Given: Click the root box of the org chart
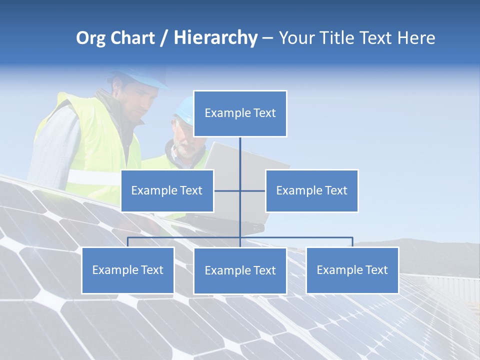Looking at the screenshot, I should point(240,113).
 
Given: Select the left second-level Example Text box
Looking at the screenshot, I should point(167,190).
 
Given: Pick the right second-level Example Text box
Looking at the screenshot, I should point(311,190).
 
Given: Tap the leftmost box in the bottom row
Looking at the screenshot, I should point(127,270).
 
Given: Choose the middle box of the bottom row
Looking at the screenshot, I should point(240,270).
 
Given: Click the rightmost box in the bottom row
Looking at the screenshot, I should point(352,270).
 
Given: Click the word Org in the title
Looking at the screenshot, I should point(90,38).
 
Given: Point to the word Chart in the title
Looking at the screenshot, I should point(132,38).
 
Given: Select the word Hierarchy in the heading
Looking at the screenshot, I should point(215,38).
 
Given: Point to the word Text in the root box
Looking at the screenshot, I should point(263,113).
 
